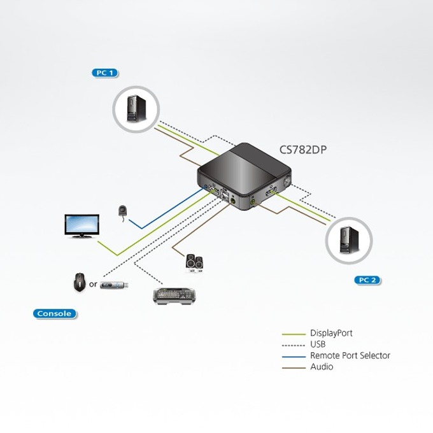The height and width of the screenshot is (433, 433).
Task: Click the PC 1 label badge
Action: [105, 73]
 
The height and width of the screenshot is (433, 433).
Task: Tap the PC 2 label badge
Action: [367, 280]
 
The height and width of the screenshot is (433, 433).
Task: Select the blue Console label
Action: [54, 314]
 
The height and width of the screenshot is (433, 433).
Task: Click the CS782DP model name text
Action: [303, 150]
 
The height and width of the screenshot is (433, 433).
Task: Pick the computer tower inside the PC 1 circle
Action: [136, 108]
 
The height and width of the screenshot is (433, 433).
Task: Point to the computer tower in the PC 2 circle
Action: [350, 240]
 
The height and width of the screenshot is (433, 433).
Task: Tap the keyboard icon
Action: [174, 295]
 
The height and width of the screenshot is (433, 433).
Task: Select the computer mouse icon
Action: [79, 281]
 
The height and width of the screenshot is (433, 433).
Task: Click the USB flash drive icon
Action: [114, 285]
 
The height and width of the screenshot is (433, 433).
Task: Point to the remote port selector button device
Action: [123, 211]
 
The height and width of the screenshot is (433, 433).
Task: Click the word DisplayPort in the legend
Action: [331, 333]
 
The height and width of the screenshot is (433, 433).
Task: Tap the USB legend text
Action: [318, 344]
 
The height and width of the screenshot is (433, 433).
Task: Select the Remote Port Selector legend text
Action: [350, 355]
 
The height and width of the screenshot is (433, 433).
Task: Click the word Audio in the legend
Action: [322, 367]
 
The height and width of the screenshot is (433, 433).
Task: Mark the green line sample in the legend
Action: [294, 334]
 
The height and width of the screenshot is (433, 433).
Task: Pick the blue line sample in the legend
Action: [294, 357]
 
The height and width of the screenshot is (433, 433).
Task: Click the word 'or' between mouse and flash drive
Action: [93, 284]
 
